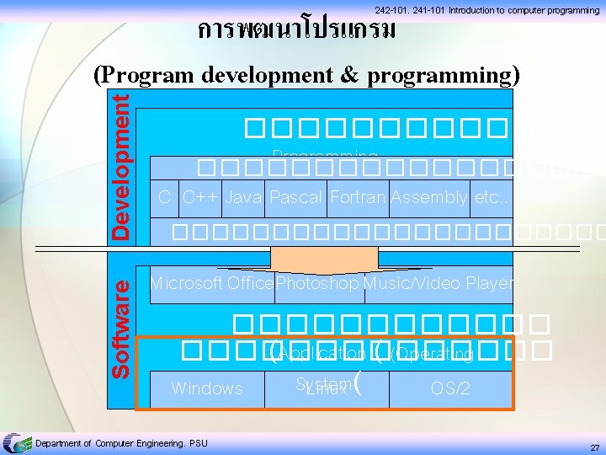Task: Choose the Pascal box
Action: click(297, 198)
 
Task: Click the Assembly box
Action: click(428, 198)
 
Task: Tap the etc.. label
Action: click(492, 198)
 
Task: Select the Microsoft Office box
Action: click(211, 284)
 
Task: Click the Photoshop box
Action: click(319, 284)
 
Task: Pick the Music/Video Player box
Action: click(439, 284)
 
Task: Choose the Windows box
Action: click(207, 388)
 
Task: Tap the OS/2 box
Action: click(449, 388)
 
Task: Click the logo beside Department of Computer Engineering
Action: click(14, 443)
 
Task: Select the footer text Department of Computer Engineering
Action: click(121, 443)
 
